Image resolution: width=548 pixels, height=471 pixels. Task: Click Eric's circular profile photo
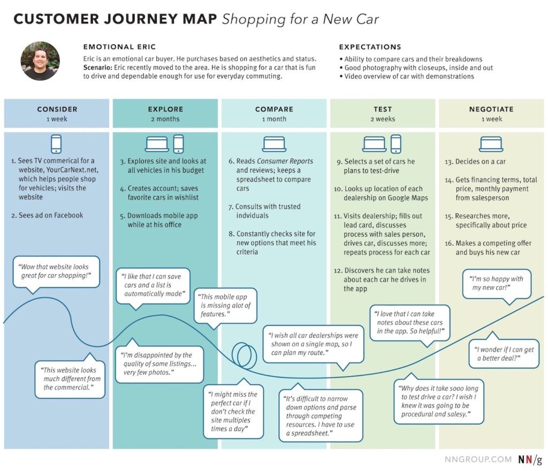[x=40, y=61]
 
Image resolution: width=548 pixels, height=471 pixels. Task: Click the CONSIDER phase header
[x=57, y=109]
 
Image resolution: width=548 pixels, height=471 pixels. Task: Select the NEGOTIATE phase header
[x=491, y=109]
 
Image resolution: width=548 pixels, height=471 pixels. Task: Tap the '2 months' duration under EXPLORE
[x=165, y=119]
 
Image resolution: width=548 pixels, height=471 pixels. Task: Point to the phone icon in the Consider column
[x=56, y=143]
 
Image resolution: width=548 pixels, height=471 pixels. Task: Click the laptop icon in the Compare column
[x=273, y=143]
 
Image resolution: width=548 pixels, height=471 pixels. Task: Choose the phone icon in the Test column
[x=395, y=143]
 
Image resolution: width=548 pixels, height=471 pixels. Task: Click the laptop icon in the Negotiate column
[x=491, y=143]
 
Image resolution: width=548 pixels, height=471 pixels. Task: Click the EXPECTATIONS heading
[x=370, y=47]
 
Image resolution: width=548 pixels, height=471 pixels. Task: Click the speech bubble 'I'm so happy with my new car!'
[x=497, y=283]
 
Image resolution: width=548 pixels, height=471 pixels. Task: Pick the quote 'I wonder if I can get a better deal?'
[x=503, y=353]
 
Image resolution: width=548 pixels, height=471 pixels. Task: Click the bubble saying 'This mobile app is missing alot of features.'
[x=225, y=305]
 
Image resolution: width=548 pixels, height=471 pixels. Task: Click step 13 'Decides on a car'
[x=479, y=162]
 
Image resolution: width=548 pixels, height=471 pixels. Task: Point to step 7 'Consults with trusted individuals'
[x=268, y=211]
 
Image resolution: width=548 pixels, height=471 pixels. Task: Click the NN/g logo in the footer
[x=529, y=459]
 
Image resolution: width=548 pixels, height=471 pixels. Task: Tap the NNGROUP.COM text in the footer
[x=477, y=459]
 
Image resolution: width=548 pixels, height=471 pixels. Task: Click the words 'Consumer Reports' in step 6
[x=285, y=161]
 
